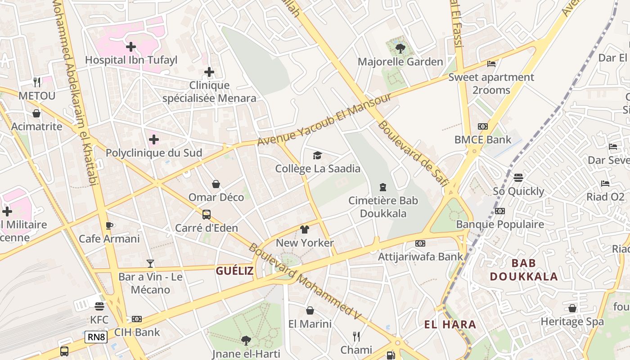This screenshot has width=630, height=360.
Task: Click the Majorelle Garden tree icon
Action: click(x=400, y=48)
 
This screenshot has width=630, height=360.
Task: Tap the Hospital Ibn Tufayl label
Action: click(x=131, y=60)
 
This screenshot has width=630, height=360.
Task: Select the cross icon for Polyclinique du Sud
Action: click(x=154, y=139)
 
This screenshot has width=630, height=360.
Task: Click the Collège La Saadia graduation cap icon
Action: click(x=318, y=155)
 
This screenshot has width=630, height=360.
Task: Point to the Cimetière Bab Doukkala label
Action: click(x=383, y=207)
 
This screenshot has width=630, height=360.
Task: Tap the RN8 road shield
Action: click(x=96, y=337)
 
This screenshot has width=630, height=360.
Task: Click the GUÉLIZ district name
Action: click(x=234, y=271)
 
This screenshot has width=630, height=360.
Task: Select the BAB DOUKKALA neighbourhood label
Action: click(x=524, y=270)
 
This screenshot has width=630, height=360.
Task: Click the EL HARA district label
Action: click(x=450, y=324)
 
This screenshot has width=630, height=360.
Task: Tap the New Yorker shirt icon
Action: click(x=305, y=229)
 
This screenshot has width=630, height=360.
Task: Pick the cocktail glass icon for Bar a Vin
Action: click(x=150, y=263)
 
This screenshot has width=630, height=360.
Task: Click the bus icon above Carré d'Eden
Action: click(x=207, y=214)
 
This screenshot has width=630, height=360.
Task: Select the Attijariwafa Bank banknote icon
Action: click(x=420, y=243)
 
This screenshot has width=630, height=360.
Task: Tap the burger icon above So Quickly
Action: click(x=518, y=178)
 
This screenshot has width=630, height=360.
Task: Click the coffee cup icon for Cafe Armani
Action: click(x=109, y=225)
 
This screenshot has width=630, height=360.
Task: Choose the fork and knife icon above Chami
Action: click(x=356, y=336)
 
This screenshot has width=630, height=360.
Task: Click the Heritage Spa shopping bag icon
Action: click(x=572, y=308)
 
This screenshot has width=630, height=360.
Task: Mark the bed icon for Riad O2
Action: click(x=605, y=184)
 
